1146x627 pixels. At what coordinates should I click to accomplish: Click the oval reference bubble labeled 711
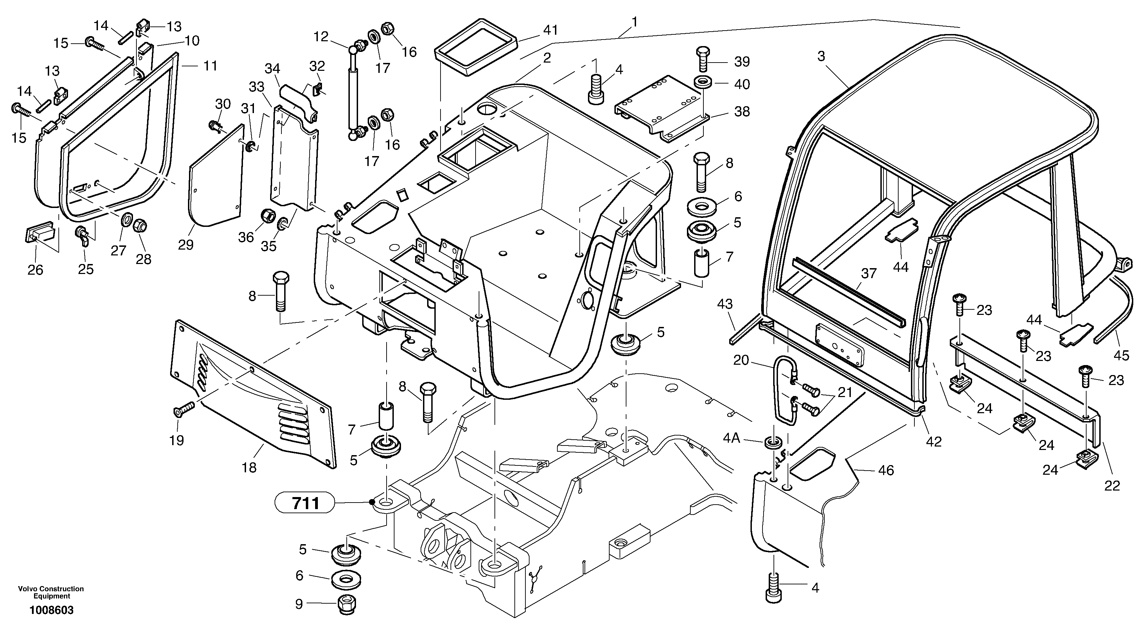[305, 503]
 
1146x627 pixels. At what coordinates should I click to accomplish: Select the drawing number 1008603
[52, 610]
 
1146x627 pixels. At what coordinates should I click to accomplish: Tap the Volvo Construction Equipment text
[51, 592]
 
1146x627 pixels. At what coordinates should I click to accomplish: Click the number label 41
[550, 30]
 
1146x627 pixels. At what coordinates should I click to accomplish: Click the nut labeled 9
[346, 605]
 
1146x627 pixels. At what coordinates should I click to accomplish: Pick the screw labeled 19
[183, 408]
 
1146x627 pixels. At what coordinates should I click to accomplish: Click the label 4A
[731, 439]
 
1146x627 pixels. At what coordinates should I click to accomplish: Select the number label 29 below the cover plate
[186, 244]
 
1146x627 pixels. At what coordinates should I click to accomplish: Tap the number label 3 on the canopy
[821, 56]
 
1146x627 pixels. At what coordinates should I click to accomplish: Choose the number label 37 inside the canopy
[868, 274]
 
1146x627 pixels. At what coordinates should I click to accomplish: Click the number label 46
[886, 470]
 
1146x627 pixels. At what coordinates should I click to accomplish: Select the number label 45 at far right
[1121, 355]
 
